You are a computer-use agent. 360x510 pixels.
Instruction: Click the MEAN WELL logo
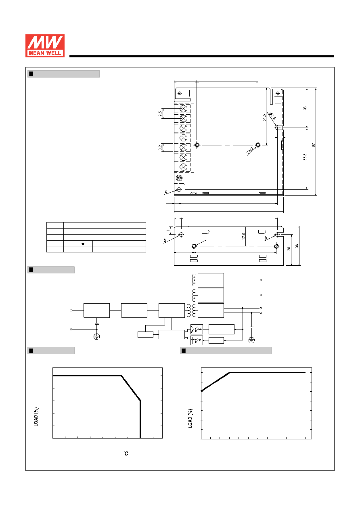point(45,46)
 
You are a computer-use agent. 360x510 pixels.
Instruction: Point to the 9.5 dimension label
point(160,113)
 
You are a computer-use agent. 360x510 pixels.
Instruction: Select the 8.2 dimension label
point(160,148)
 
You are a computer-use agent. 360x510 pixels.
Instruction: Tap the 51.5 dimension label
point(264,118)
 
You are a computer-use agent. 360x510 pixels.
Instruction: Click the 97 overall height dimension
point(313,145)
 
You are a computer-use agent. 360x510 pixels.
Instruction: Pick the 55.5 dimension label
point(305,157)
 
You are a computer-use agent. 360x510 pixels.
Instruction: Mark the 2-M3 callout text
point(250,151)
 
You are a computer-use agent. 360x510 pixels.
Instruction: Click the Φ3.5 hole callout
point(272,116)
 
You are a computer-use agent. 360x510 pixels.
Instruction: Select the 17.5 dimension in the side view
point(243,236)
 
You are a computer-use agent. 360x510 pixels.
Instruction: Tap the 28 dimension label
point(289,249)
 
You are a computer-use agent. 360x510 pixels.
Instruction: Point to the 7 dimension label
point(168,231)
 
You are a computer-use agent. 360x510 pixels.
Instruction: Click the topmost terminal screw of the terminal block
point(183,109)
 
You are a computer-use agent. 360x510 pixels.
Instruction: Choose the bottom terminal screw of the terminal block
point(183,167)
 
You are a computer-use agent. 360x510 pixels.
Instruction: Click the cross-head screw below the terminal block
point(179,178)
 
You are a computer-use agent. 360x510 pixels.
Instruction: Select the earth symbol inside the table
point(83,243)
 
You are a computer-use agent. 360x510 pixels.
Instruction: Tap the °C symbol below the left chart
point(126,453)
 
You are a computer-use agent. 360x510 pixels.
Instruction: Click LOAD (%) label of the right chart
point(190,418)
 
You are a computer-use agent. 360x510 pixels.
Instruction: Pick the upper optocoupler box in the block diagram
point(197,329)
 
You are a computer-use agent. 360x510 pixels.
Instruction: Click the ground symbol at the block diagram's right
point(251,340)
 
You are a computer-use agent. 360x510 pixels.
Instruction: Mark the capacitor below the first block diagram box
point(96,323)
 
